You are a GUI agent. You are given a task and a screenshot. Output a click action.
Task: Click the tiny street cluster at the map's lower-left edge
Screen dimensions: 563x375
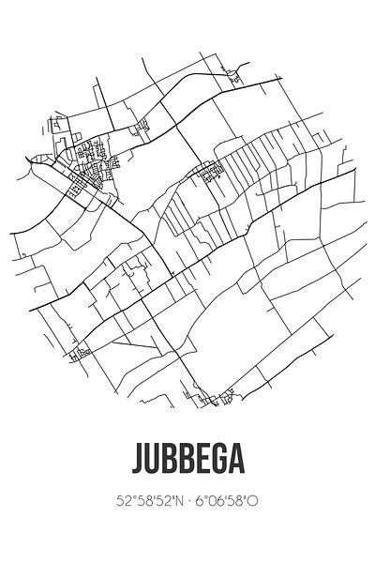pos(82,353)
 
